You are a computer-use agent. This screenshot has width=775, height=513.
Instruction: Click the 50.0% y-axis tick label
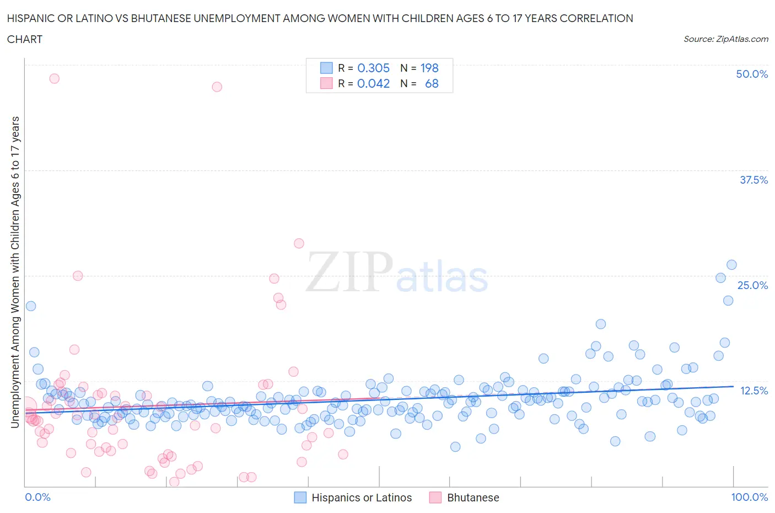[x=752, y=74]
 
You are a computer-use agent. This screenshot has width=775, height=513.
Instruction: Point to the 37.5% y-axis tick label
[x=754, y=180]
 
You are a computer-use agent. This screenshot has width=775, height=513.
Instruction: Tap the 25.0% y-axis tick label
[x=752, y=285]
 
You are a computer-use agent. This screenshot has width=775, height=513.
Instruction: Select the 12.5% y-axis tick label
[x=754, y=391]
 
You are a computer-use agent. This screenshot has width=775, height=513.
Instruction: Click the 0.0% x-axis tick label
[x=37, y=497]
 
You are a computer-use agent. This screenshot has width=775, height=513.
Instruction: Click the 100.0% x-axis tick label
[x=749, y=497]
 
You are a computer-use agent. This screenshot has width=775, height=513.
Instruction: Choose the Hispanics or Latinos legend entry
[x=353, y=498]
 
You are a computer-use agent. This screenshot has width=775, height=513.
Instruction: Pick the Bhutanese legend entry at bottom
[x=464, y=498]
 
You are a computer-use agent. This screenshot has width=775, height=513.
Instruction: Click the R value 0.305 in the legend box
[x=373, y=68]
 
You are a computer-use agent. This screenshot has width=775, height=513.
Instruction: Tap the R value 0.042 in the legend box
[x=373, y=83]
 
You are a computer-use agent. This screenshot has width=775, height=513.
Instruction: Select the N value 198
[x=429, y=68]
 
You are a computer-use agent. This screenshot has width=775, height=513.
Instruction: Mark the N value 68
[x=432, y=83]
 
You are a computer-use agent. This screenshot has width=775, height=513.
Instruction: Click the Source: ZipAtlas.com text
[x=725, y=39]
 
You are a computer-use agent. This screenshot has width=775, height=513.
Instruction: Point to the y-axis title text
[x=15, y=272]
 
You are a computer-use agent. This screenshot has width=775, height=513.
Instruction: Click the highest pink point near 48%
[x=54, y=78]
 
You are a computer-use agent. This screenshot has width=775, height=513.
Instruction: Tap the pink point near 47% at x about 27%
[x=217, y=87]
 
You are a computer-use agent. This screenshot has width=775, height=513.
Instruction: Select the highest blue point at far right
[x=731, y=265]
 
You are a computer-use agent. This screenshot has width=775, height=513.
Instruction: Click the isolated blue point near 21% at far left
[x=31, y=306]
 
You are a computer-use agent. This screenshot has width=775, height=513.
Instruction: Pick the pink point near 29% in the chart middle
[x=299, y=243]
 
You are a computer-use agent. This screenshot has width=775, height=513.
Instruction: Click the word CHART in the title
[x=25, y=39]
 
